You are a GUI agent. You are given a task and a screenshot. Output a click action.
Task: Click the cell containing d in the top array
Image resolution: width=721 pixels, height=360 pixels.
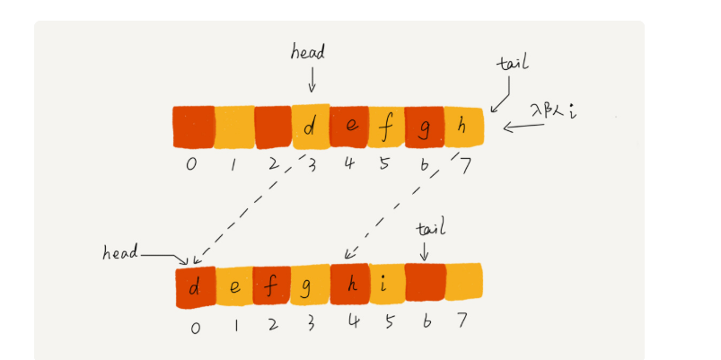(311, 127)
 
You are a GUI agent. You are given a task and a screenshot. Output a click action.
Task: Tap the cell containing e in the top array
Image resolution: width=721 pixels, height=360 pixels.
(348, 127)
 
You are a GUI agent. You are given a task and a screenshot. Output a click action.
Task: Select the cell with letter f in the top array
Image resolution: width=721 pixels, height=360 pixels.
(386, 127)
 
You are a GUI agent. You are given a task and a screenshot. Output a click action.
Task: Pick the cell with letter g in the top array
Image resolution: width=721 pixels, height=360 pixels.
(424, 127)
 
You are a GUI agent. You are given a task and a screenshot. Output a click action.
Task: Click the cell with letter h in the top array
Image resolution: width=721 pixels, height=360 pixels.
(462, 127)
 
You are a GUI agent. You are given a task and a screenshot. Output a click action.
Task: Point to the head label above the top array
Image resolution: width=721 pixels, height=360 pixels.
(308, 53)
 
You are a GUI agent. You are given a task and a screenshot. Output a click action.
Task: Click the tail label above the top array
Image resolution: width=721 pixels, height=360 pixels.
(514, 66)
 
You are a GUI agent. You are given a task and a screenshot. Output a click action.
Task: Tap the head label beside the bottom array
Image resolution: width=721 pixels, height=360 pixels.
(119, 252)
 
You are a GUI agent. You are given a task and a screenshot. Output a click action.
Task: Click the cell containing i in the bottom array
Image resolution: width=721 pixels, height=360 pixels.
(385, 287)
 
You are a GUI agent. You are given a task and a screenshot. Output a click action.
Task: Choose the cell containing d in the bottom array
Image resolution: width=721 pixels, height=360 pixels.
(196, 287)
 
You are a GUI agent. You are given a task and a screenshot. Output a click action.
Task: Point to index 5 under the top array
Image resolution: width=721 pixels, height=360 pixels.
(386, 164)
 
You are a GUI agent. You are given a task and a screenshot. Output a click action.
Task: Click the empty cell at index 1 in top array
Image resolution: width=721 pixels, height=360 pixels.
(234, 127)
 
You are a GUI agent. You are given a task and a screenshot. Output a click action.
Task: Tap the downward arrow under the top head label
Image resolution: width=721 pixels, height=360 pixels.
(312, 82)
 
